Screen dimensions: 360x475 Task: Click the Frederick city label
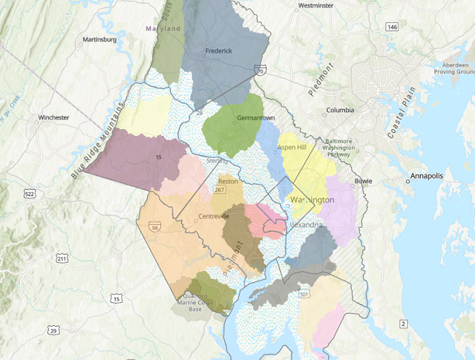(x=218, y=50)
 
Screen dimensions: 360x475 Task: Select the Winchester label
(x=53, y=117)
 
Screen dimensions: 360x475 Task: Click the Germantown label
(x=255, y=118)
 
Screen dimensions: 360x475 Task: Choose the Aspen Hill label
(x=292, y=148)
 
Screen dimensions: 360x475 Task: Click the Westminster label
(x=314, y=5)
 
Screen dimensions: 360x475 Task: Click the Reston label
(x=226, y=180)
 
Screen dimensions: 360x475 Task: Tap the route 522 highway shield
(x=29, y=194)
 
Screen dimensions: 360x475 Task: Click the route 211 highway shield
(x=62, y=259)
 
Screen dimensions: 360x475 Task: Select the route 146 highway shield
(x=392, y=27)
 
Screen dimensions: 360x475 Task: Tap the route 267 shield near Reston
(x=220, y=190)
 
